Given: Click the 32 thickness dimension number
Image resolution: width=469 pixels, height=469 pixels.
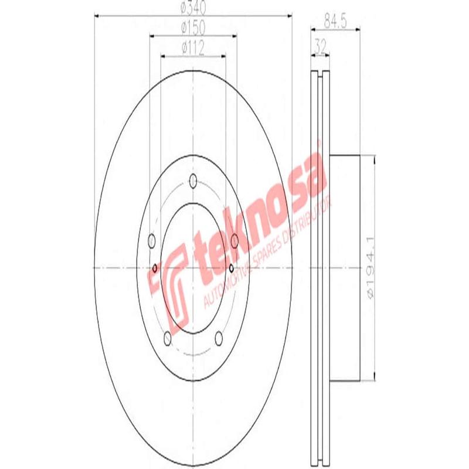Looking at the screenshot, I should (320, 45).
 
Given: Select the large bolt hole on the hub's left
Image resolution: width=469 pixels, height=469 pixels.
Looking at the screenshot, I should (151, 240).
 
